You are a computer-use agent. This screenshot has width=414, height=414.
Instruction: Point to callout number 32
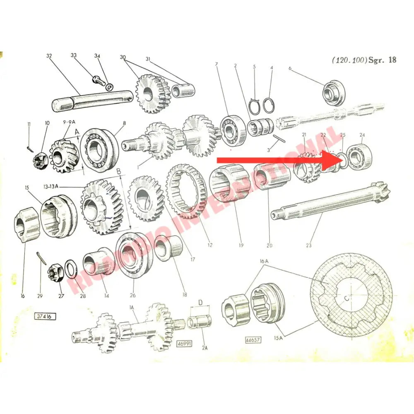click(x=49, y=56)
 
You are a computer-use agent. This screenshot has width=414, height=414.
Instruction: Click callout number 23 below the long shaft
click(x=308, y=245)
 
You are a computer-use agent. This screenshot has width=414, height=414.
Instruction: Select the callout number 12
click(x=210, y=245)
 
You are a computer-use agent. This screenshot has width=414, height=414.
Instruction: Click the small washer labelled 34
click(x=109, y=87)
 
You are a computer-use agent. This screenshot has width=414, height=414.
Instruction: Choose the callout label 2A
click(x=205, y=348)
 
